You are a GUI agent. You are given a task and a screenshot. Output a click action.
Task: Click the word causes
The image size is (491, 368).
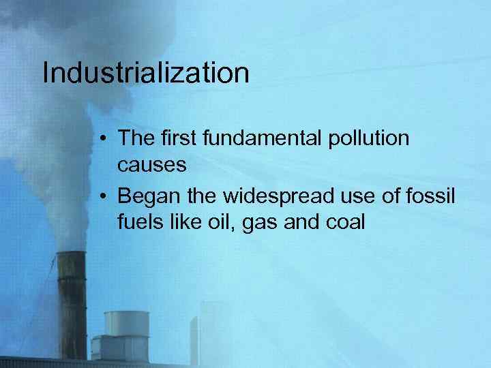[x=151, y=165]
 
